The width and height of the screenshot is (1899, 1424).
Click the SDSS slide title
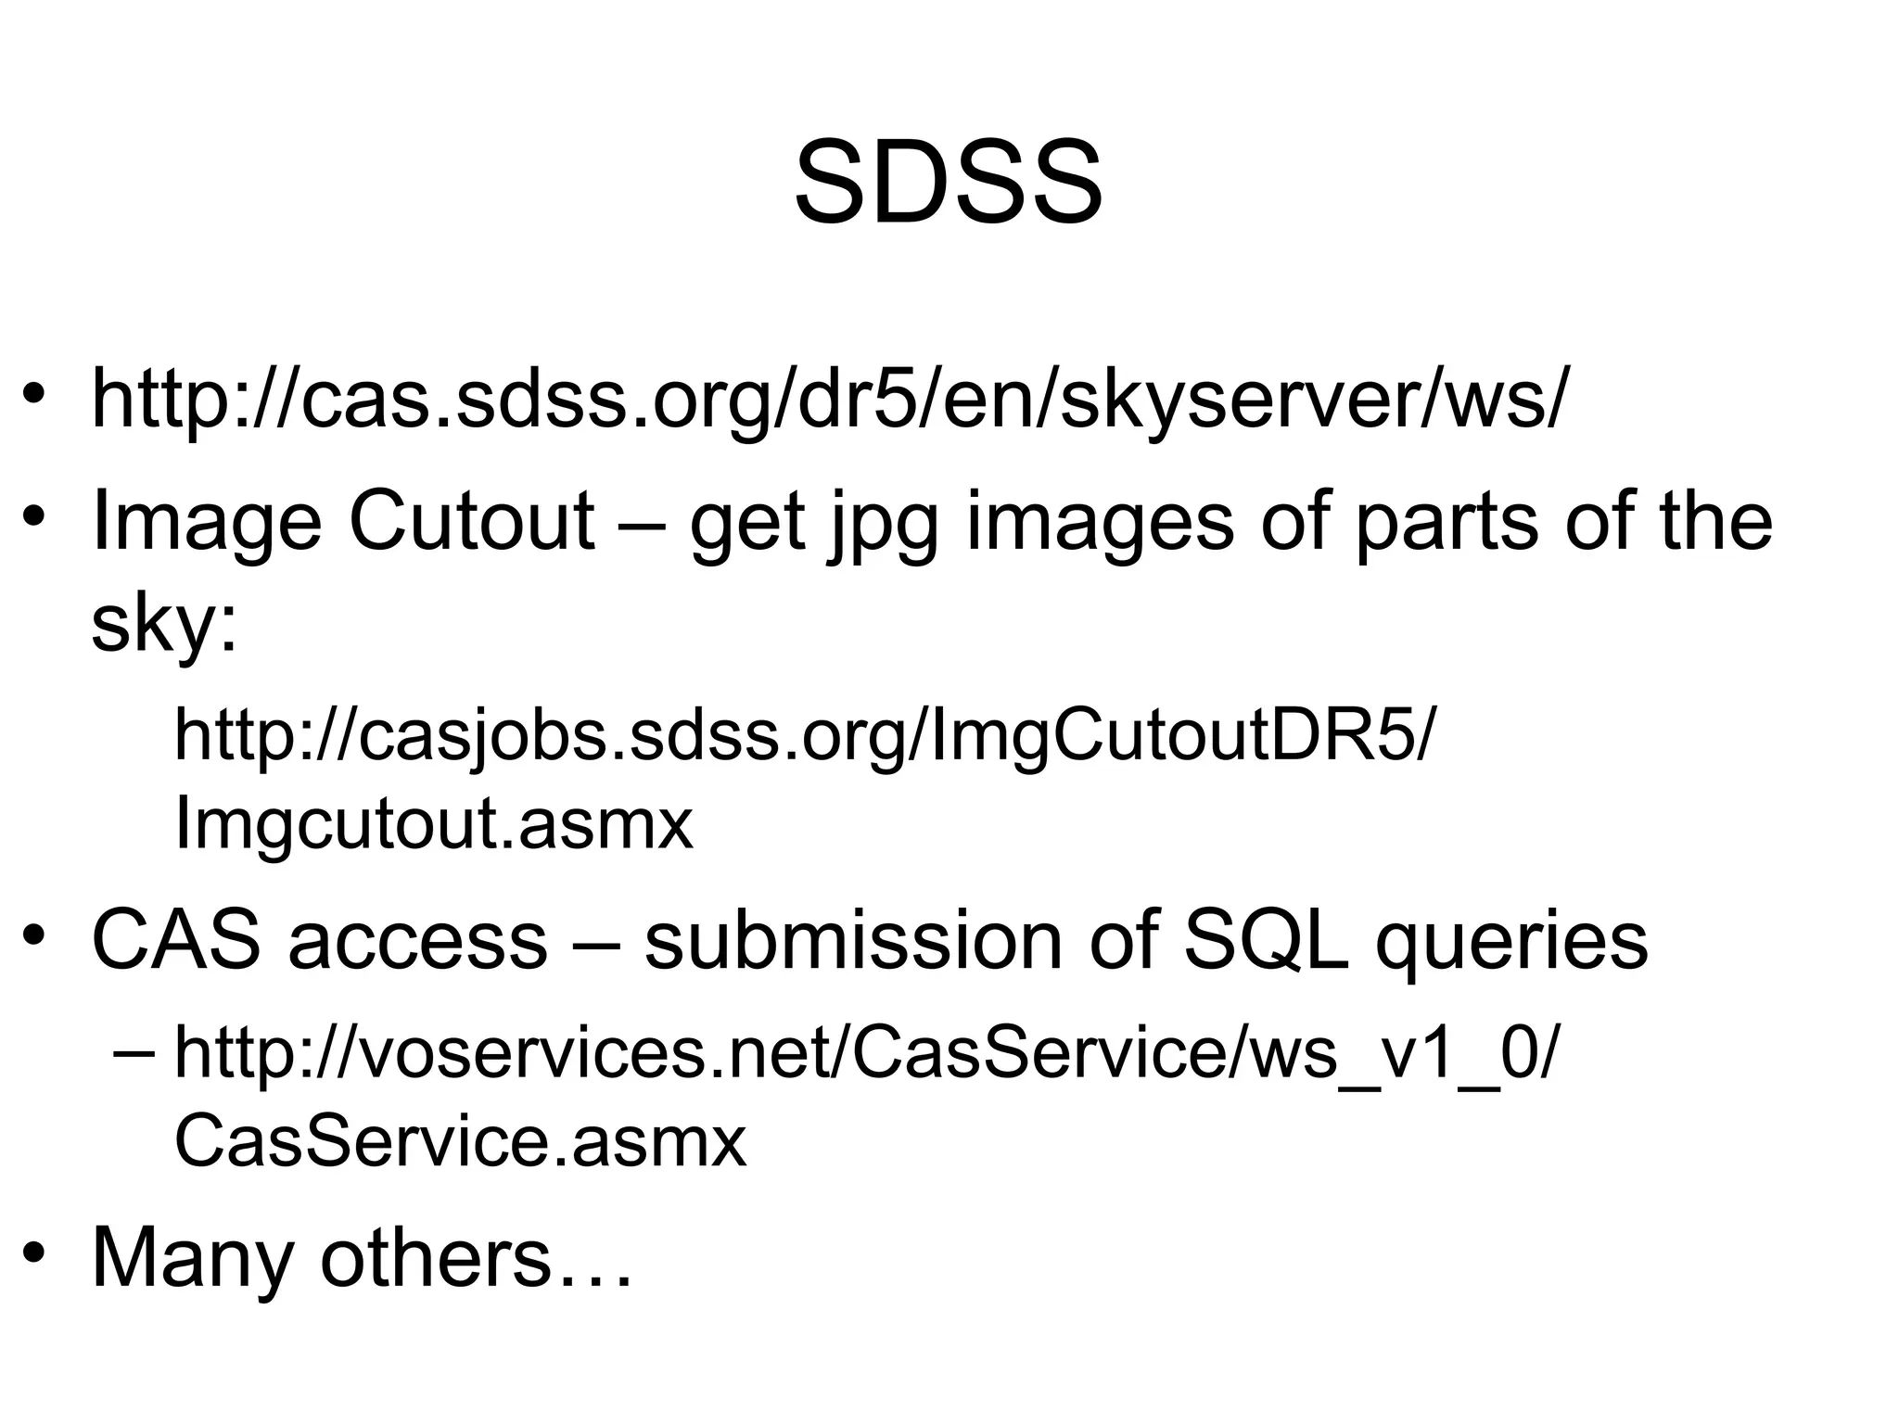[x=949, y=183]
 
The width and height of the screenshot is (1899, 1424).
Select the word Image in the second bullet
[x=206, y=521]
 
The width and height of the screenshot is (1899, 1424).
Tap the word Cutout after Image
[x=471, y=521]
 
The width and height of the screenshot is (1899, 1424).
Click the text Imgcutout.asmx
[x=433, y=823]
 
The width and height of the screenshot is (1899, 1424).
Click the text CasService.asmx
[x=460, y=1141]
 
